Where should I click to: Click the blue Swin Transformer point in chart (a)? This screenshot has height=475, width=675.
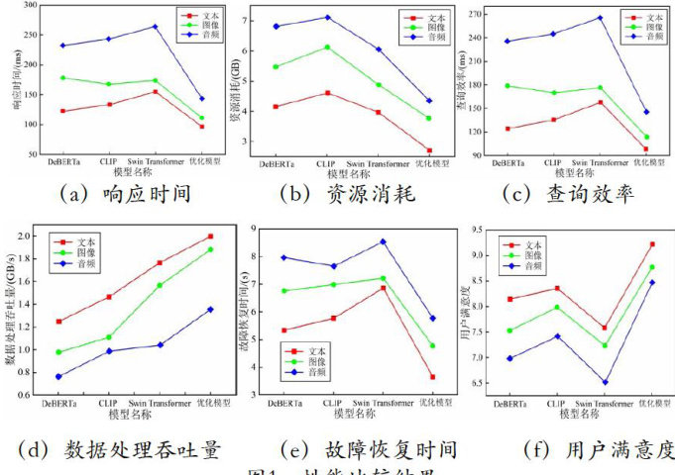pyautogui.click(x=155, y=27)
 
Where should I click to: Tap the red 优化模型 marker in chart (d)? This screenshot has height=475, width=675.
pyautogui.click(x=210, y=237)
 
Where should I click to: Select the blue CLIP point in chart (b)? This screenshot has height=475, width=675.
pyautogui.click(x=327, y=18)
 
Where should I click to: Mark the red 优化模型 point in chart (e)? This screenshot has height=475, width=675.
pyautogui.click(x=432, y=377)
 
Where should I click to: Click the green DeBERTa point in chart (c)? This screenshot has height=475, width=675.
pyautogui.click(x=508, y=86)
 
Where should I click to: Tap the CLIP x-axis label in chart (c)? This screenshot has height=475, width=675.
pyautogui.click(x=553, y=163)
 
